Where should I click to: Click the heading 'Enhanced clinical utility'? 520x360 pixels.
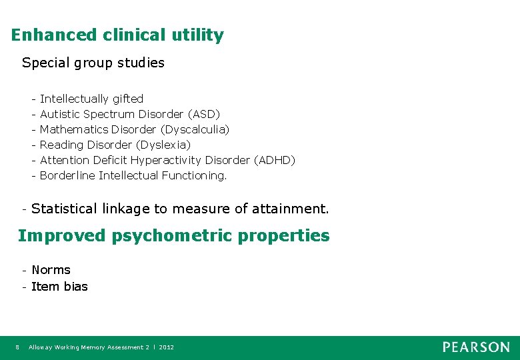(x=117, y=35)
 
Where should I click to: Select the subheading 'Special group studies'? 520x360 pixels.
(x=93, y=63)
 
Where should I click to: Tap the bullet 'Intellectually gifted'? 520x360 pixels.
(x=91, y=99)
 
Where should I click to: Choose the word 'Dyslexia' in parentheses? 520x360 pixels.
(x=163, y=145)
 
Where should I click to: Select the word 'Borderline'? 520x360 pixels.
(x=67, y=175)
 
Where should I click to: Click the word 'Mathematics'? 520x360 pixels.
(x=74, y=129)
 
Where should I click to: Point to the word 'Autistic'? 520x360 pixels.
(x=60, y=114)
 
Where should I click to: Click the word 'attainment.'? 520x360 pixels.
(x=290, y=209)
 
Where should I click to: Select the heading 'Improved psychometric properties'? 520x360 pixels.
(x=173, y=236)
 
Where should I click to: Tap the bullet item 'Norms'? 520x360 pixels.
(x=51, y=270)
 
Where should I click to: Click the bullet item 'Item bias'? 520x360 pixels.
(x=59, y=287)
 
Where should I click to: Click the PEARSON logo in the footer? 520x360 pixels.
(x=476, y=347)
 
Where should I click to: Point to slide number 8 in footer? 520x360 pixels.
(x=17, y=347)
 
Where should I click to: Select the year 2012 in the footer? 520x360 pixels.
(x=167, y=347)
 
